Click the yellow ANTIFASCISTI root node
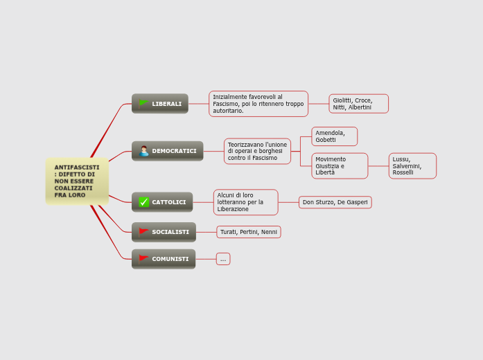click(76, 181)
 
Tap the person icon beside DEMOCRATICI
click(144, 151)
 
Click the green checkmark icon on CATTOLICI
click(144, 202)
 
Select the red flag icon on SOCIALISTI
click(143, 232)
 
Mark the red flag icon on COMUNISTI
click(143, 259)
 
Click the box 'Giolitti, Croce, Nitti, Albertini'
click(358, 104)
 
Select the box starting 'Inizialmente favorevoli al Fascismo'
click(258, 104)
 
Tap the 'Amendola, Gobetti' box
click(335, 136)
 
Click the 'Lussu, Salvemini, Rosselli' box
click(412, 166)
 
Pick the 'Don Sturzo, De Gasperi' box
click(335, 202)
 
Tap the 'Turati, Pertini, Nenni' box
click(249, 232)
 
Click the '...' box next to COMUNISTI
click(223, 259)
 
